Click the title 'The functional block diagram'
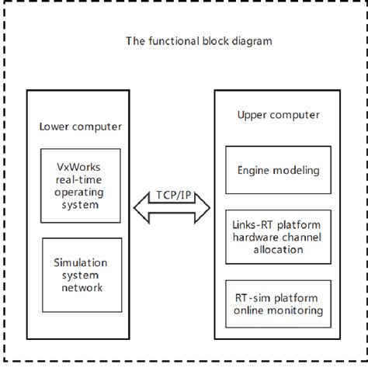[199, 40]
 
